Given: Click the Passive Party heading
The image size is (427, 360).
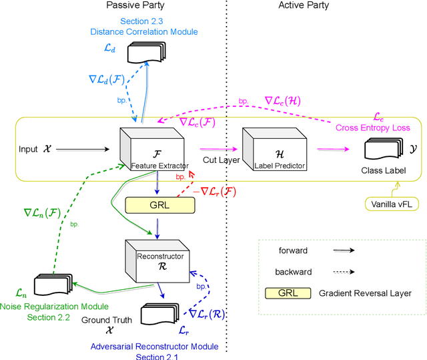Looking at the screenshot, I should tap(132, 6).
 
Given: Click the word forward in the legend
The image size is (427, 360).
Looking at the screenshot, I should tap(294, 250).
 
